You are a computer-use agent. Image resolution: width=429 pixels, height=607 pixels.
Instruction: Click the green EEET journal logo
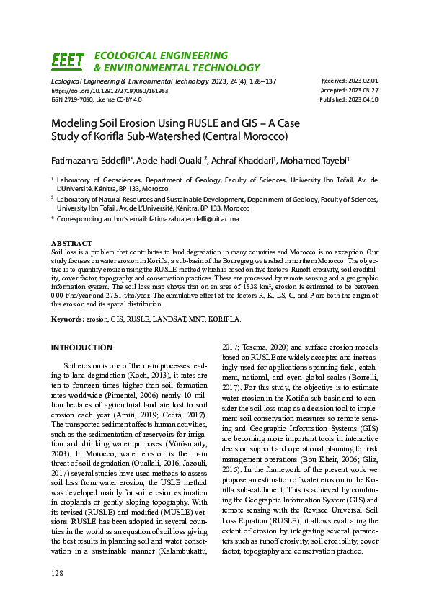tap(67, 61)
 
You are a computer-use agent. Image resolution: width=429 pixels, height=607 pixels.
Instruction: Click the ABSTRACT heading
tap(71, 244)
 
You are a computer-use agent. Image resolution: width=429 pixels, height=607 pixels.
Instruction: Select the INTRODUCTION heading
tap(81, 347)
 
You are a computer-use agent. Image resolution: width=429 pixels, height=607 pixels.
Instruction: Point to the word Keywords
tap(68, 318)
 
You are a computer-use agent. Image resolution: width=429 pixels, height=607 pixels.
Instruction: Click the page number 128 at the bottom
tap(58, 572)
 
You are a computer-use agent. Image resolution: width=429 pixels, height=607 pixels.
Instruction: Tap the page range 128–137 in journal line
tap(258, 81)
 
